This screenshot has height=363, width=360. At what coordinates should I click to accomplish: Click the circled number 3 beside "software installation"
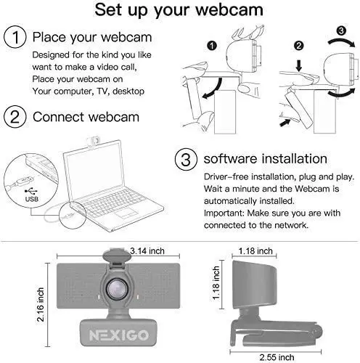[186, 159]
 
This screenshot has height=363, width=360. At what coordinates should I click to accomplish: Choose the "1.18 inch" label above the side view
[255, 251]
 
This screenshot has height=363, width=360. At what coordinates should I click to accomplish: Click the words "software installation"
[264, 159]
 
